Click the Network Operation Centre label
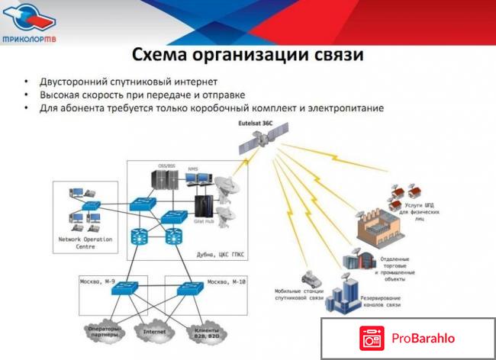pyautogui.click(x=85, y=243)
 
